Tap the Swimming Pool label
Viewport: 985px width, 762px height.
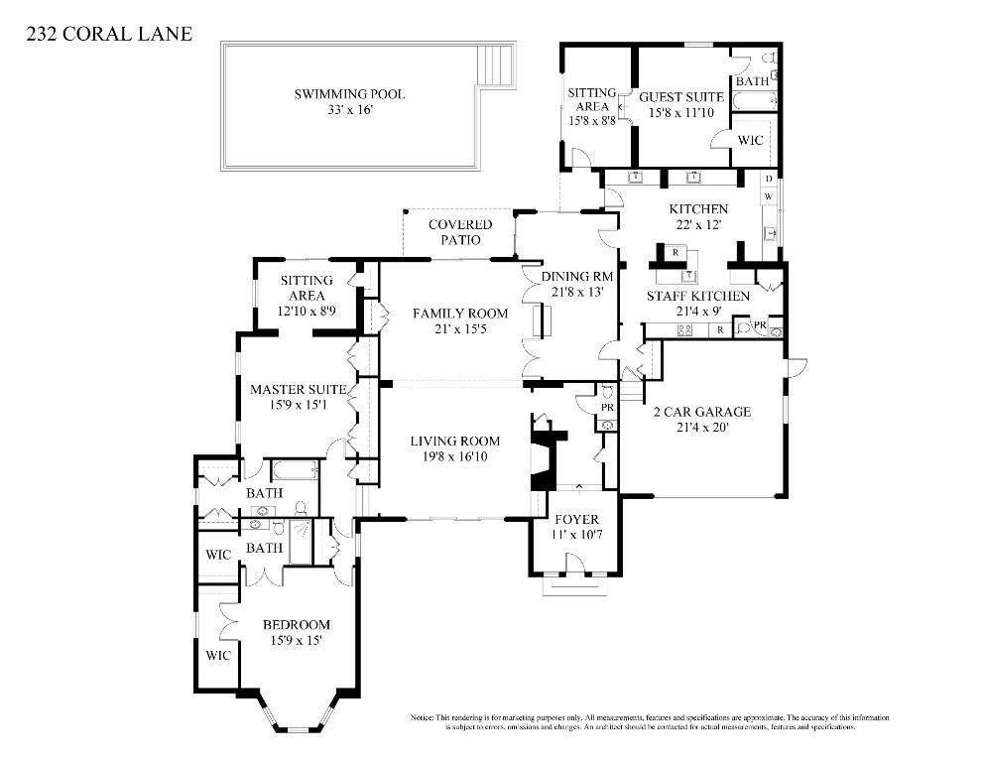[349, 94]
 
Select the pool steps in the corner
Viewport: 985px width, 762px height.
[495, 67]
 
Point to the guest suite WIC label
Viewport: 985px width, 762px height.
[751, 140]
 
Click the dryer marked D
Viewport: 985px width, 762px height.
[769, 179]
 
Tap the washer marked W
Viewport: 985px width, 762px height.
[769, 196]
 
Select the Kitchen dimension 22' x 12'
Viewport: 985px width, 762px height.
[698, 225]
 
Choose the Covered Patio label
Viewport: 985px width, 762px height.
[459, 225]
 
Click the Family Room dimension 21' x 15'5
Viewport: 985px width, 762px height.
[460, 328]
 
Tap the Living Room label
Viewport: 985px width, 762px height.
[457, 442]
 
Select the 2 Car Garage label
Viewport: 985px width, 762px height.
[700, 412]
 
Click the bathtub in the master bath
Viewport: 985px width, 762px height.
[295, 470]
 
